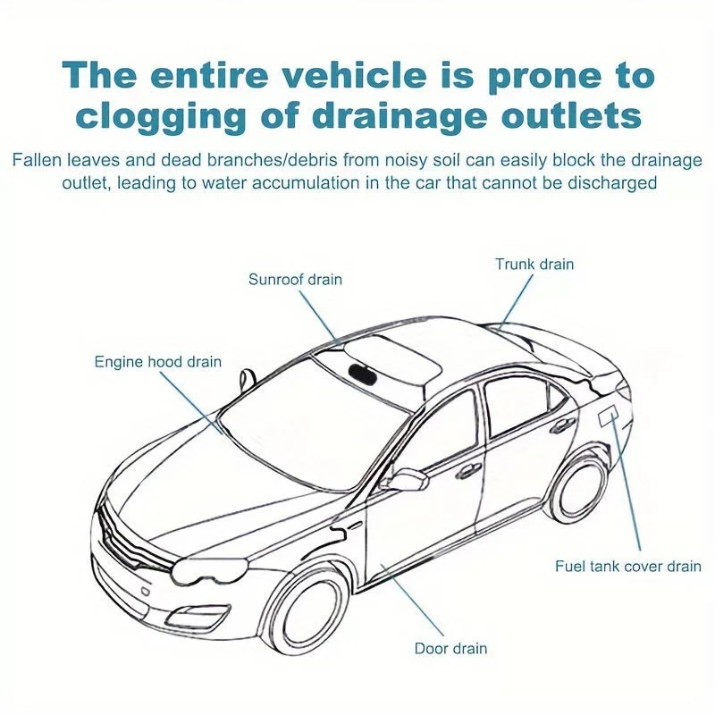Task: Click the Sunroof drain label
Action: (295, 280)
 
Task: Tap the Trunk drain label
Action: (534, 264)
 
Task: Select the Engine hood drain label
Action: (158, 362)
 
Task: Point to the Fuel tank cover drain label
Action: (627, 566)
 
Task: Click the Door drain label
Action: (450, 648)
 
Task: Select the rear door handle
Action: (562, 426)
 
